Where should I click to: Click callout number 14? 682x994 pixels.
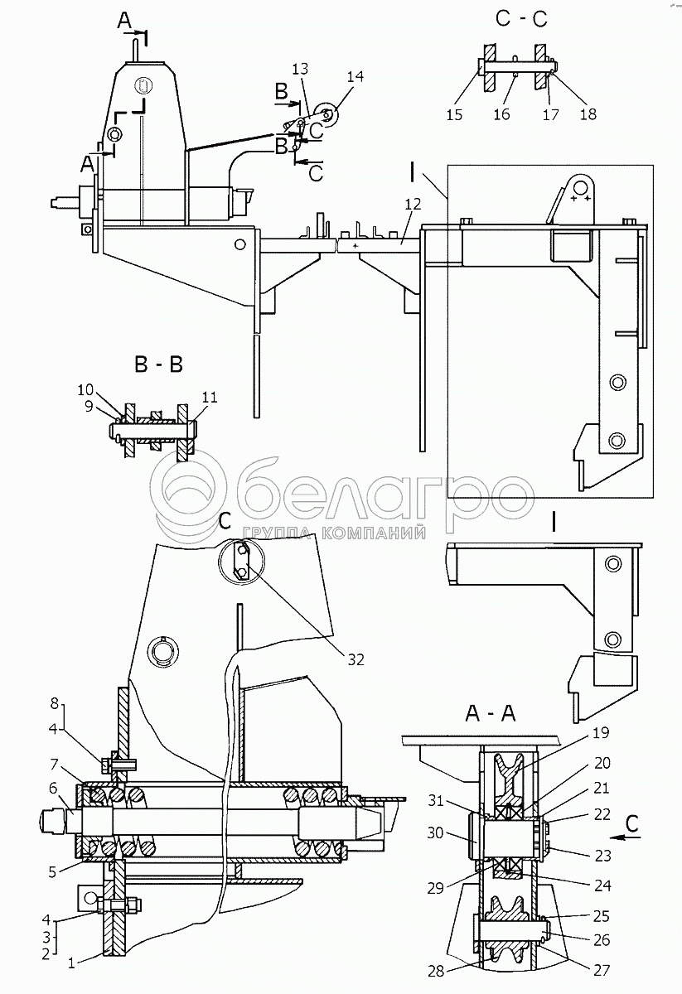coord(356,75)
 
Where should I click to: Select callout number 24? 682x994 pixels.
coord(602,885)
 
